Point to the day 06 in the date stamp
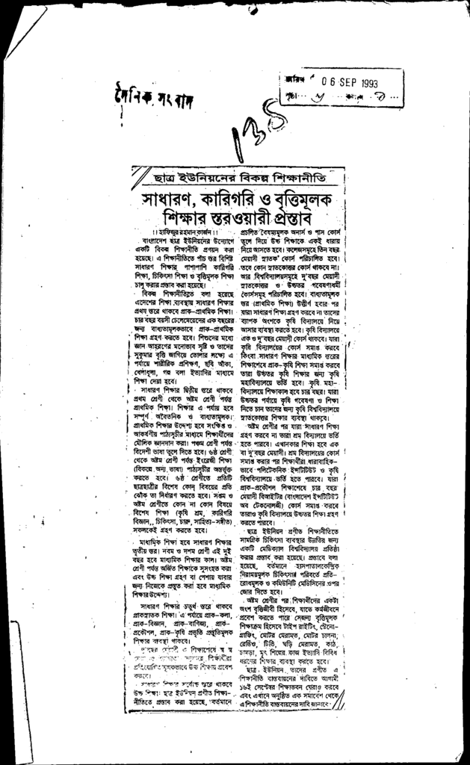[x=323, y=84]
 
